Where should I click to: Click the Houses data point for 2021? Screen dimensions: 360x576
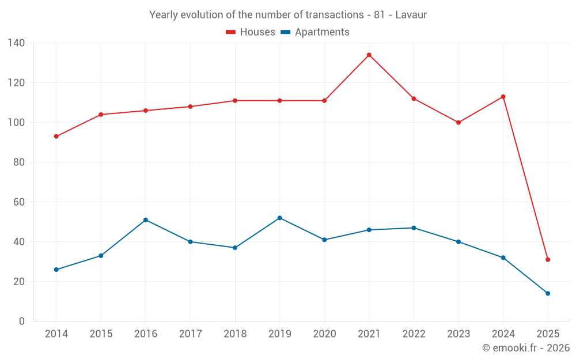(x=369, y=55)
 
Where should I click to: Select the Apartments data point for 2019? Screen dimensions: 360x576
(x=279, y=218)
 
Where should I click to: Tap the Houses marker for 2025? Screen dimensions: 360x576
(x=548, y=260)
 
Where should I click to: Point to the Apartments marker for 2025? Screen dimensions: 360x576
(x=548, y=293)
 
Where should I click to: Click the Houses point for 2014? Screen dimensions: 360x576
(x=56, y=137)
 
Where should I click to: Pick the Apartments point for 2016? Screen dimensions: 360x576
(x=146, y=220)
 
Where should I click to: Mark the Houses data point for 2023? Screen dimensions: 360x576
(x=458, y=123)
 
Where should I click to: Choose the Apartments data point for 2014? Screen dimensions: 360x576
(x=56, y=270)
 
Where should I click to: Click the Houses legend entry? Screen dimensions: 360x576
(x=251, y=32)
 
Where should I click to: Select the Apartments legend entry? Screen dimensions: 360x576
(x=315, y=32)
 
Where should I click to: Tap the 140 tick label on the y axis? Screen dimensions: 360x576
(x=17, y=43)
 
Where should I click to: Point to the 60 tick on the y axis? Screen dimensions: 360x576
(x=19, y=202)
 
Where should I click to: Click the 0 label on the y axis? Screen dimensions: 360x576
(x=22, y=321)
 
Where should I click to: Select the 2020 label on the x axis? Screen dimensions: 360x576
(x=324, y=334)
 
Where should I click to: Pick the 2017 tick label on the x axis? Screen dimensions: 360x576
(x=190, y=334)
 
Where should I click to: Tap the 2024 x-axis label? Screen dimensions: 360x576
(x=503, y=334)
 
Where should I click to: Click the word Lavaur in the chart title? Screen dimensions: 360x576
(x=411, y=15)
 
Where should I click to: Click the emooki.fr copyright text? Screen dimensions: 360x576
(x=525, y=348)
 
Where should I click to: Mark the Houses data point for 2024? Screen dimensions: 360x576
(x=503, y=97)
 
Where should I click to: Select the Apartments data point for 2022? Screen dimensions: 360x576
(x=414, y=228)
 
